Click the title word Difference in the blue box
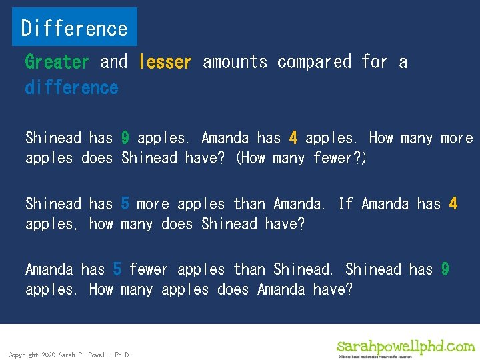pos(74,28)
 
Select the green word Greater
pos(57,62)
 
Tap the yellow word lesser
pos(165,62)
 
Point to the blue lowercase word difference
pos(71,87)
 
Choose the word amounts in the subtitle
pos(235,62)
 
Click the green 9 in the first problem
pos(125,138)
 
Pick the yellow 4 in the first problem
pos(293,138)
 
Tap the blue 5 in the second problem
pos(125,203)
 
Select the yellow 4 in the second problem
pos(453,203)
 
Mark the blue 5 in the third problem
pos(117,269)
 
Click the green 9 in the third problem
pos(445,269)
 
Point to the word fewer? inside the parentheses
pos(339,158)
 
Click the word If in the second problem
pos(345,203)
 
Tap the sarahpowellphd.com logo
pos(406,347)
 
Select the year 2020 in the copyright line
pos(48,355)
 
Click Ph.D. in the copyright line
pos(123,355)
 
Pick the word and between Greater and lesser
pos(113,62)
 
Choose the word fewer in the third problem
pos(149,269)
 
